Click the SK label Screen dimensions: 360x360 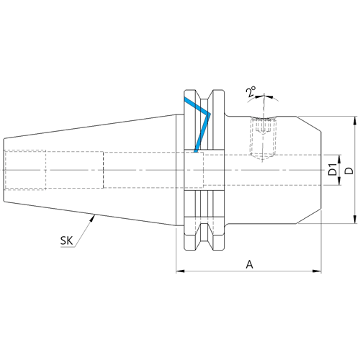66,240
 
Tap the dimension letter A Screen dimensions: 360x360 250,264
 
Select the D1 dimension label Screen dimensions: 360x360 333,169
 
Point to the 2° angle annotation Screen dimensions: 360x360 251,91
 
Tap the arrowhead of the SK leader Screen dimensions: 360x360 92,218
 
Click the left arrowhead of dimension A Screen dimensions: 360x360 180,271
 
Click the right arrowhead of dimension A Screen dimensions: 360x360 317,271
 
